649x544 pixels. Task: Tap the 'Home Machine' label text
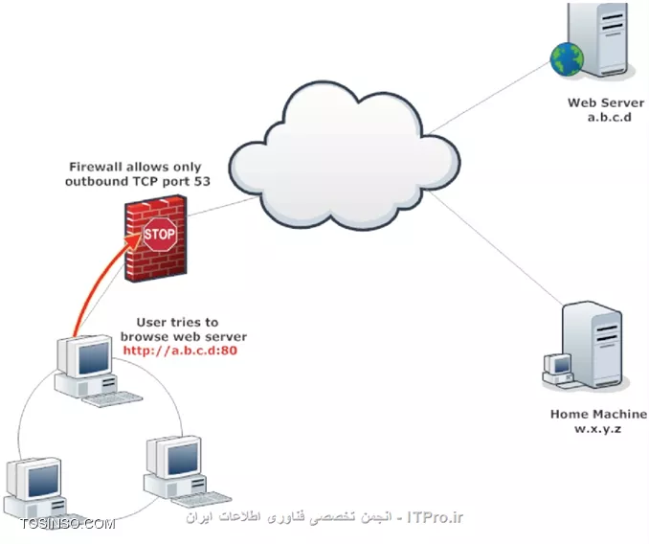(598, 415)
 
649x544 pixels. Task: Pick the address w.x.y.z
(598, 429)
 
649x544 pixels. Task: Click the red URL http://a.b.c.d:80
(182, 351)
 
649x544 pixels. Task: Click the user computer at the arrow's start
(91, 368)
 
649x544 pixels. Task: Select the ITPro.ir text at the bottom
(436, 518)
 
